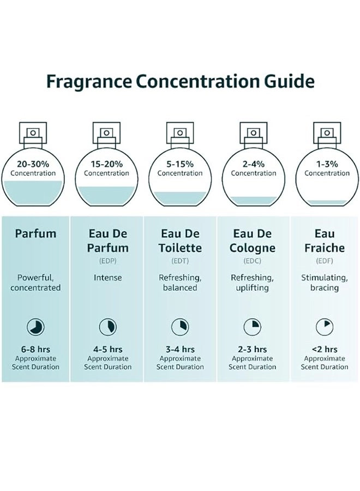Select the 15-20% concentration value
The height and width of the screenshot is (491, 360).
pos(107,164)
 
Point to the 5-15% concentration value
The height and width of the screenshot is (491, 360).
pos(180,164)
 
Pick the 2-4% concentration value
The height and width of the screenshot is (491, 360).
pos(253,164)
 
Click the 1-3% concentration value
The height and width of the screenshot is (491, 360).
pos(327,164)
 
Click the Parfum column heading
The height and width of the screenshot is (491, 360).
pos(35,233)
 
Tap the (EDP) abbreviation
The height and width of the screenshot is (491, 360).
pos(108,261)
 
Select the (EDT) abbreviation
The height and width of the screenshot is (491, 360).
pos(180,261)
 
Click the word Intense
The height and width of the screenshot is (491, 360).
pos(108,278)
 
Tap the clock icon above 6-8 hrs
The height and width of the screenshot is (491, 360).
pos(35,327)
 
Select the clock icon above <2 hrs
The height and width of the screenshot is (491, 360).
pos(325,327)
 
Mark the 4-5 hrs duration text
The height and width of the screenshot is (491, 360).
pos(108,349)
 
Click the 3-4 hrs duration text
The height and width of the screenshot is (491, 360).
pos(180,349)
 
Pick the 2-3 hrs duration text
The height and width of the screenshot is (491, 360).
pos(252,349)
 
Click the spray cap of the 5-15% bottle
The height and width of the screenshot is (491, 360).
pos(180,133)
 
